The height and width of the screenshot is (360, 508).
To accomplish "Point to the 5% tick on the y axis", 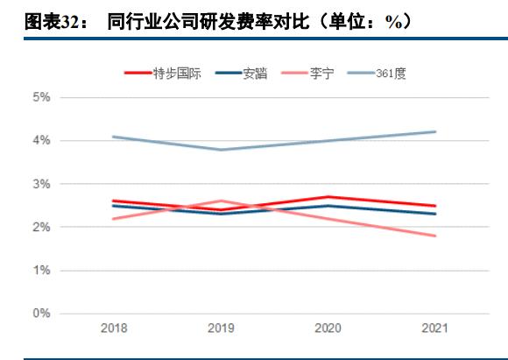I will point(41,97).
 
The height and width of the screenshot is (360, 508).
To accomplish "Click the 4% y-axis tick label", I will point(41,140).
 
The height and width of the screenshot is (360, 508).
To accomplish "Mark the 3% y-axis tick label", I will point(41,184).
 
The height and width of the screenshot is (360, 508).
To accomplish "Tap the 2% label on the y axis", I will point(41,227).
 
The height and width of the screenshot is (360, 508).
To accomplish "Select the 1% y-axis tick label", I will point(41,271).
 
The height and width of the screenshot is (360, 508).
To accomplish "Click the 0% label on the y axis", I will point(41,314).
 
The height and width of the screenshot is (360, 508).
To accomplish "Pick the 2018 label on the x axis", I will point(114,328).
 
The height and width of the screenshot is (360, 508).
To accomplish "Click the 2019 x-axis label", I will point(221,328).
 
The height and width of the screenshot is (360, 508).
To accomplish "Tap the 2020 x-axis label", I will point(328,328).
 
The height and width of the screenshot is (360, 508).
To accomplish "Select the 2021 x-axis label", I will point(434,328).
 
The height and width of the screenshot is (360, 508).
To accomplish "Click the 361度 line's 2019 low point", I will point(221,150).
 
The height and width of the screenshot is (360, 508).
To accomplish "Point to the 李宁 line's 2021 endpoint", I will point(435,236).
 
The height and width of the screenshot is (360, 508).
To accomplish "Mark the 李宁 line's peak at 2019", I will point(221,201).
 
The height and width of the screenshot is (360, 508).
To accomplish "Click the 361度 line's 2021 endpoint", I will point(435,132).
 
